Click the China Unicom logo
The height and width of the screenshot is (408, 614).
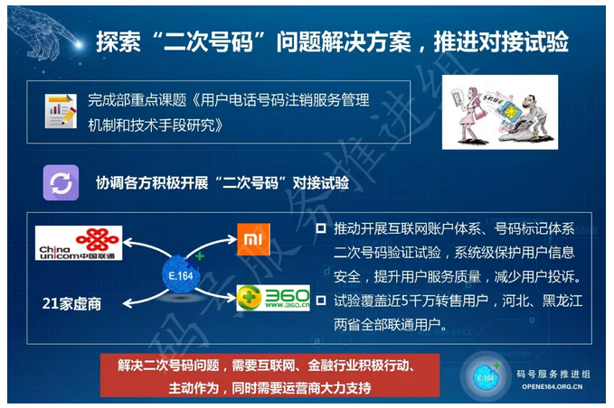[x=79, y=243]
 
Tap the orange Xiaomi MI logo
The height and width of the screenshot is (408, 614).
[x=253, y=239]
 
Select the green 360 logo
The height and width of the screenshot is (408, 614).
[x=273, y=298]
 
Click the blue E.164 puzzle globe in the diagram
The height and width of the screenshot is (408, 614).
[x=181, y=274]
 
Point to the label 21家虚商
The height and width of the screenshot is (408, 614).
[x=71, y=303]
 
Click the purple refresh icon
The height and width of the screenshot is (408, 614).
[x=61, y=182]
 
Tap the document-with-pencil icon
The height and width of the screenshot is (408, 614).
[x=61, y=111]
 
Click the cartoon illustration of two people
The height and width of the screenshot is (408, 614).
[x=500, y=112]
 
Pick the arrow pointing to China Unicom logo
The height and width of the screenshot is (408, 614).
[x=146, y=247]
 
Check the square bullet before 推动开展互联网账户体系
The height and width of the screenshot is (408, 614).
[x=321, y=228]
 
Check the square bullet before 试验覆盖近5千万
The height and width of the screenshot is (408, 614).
[x=321, y=301]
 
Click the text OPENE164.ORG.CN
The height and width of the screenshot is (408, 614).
[x=553, y=386]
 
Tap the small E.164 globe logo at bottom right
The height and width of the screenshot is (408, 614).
[x=486, y=376]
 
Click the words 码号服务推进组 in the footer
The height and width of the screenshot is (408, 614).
[x=553, y=374]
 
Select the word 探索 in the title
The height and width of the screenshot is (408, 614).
[x=118, y=42]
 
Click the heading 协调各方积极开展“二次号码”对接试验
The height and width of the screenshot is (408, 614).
[x=222, y=183]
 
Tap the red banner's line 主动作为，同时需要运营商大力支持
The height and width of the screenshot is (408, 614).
[x=269, y=387]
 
